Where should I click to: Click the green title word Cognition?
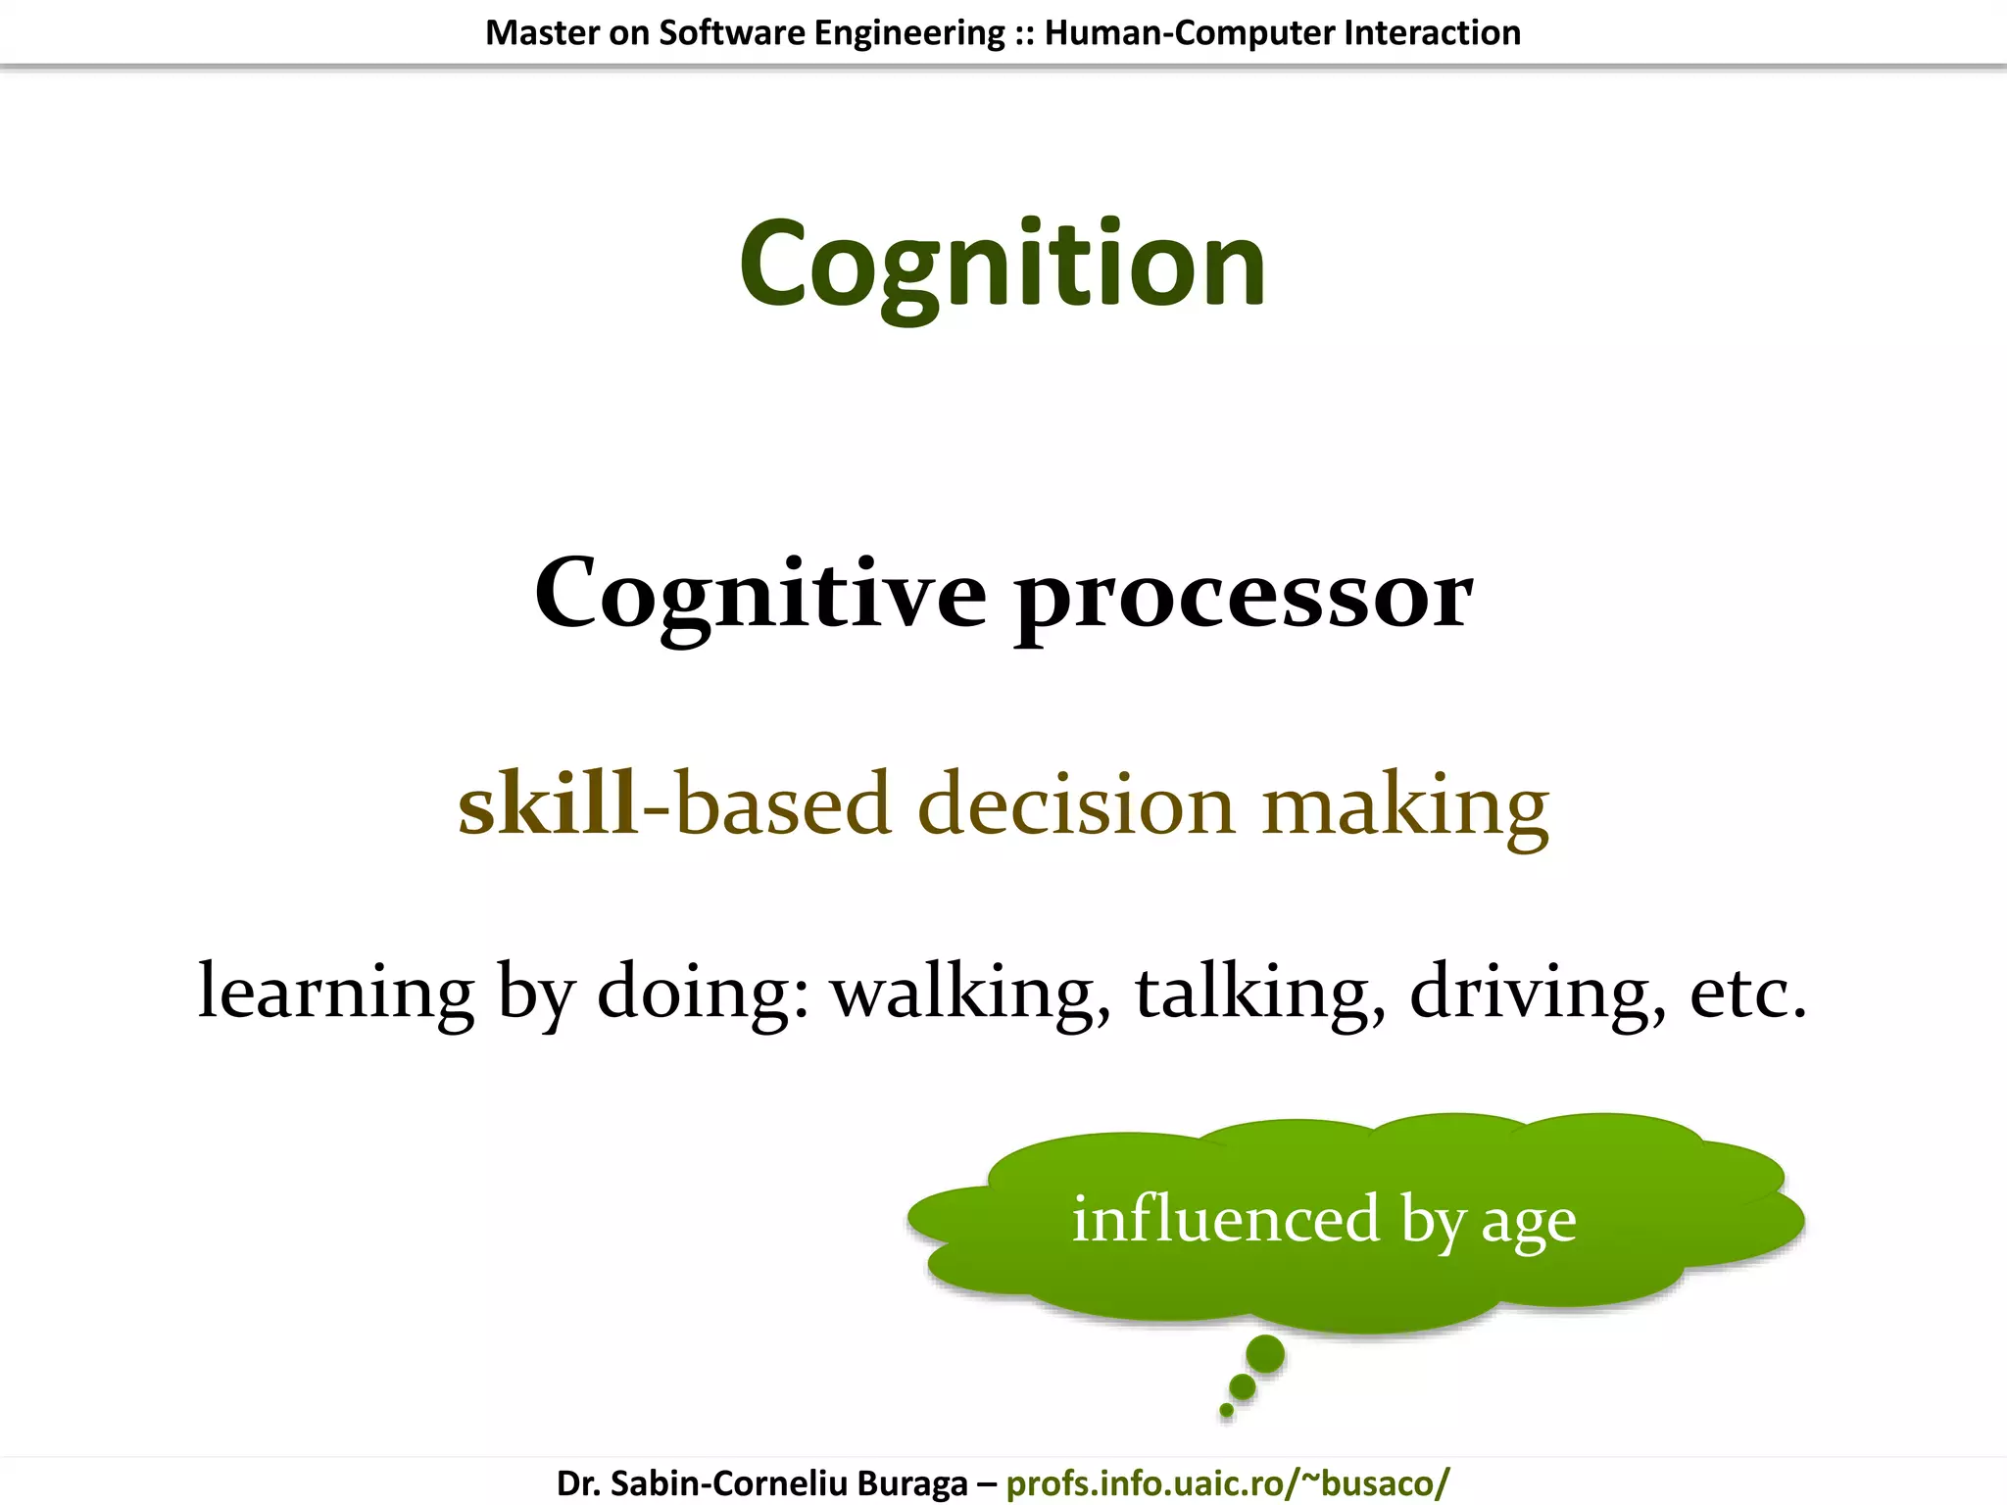(x=1003, y=265)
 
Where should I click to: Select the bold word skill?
(x=549, y=803)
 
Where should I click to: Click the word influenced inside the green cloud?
(x=1226, y=1220)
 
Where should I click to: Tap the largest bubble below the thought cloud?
(x=1265, y=1355)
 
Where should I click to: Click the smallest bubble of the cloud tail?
(x=1226, y=1411)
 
